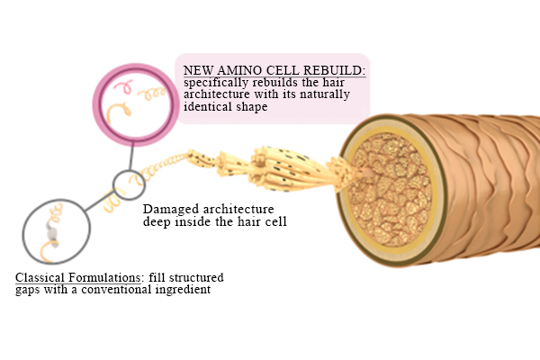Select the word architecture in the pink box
pyautogui.click(x=217, y=94)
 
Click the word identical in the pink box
pyautogui.click(x=208, y=106)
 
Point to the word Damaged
pyautogui.click(x=171, y=209)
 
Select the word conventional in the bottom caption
pyautogui.click(x=117, y=290)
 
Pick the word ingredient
pyautogui.click(x=183, y=290)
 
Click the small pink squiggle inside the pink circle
pyautogui.click(x=123, y=86)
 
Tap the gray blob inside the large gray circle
pyautogui.click(x=52, y=232)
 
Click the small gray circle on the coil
pyautogui.click(x=129, y=184)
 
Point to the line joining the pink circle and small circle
pyautogui.click(x=131, y=156)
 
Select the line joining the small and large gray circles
pyautogui.click(x=98, y=202)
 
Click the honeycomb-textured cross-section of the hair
pyautogui.click(x=391, y=190)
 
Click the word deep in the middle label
pyautogui.click(x=157, y=221)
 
